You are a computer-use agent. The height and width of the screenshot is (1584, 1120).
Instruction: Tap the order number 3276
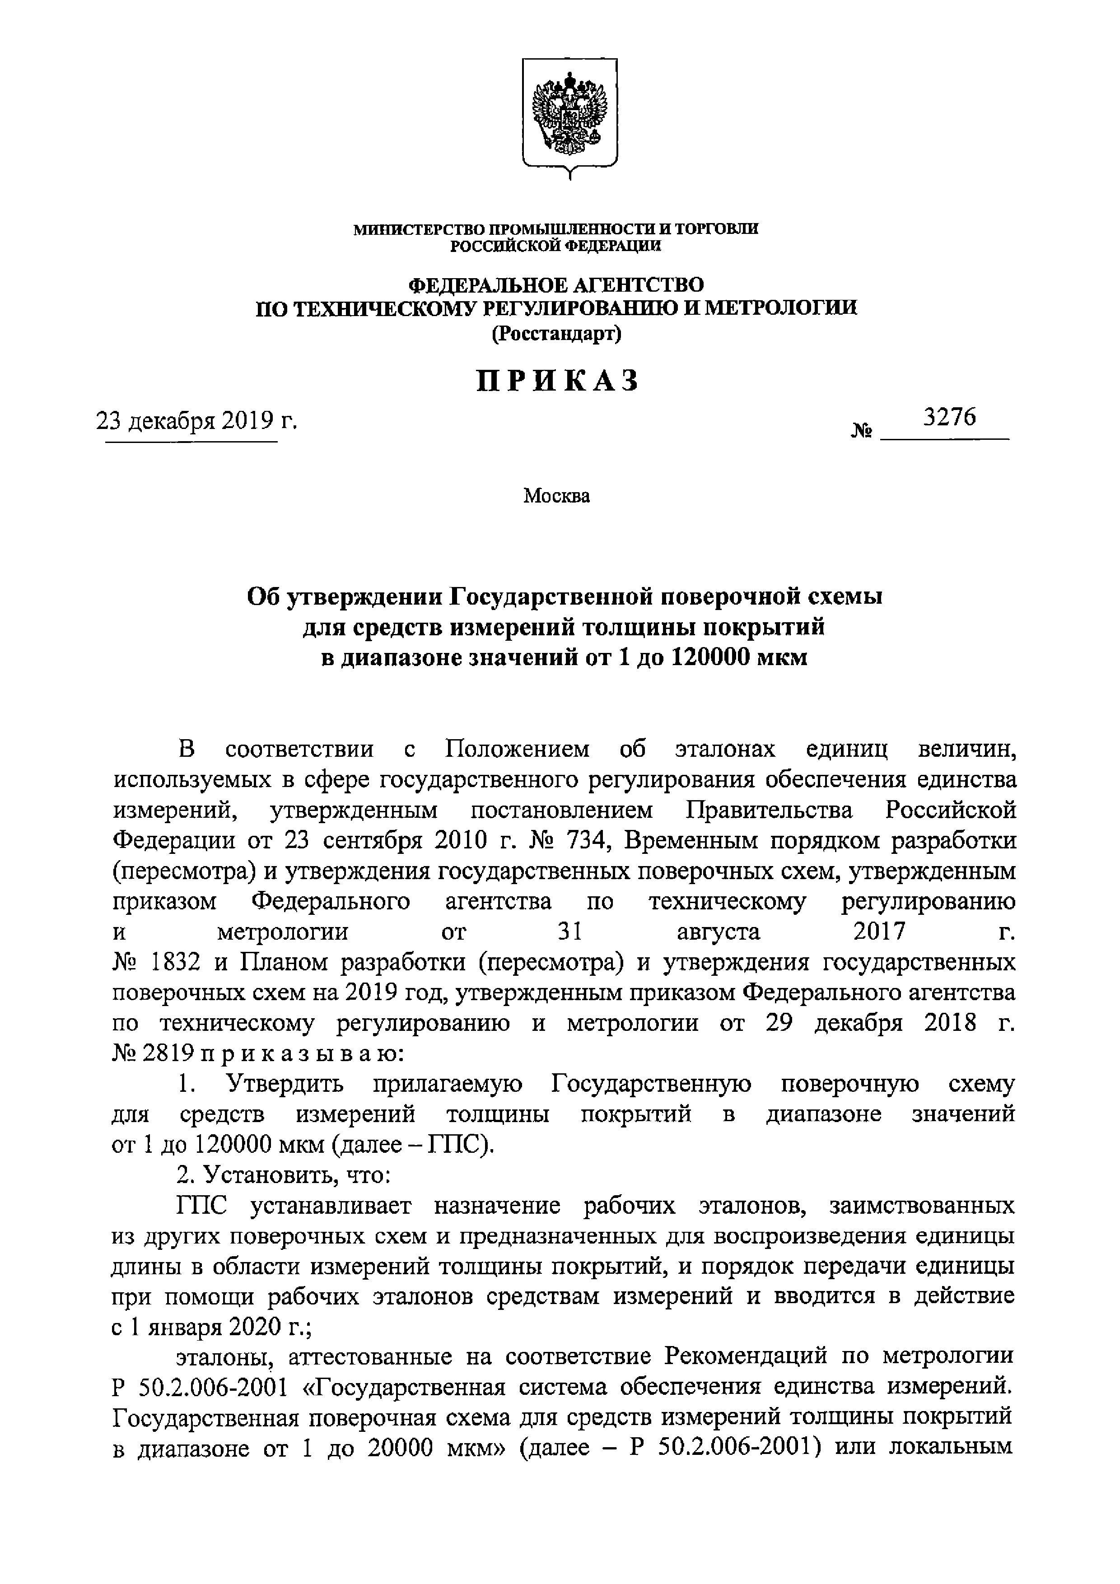[x=950, y=417]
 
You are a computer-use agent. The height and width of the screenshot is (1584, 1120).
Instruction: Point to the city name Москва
[x=556, y=495]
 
